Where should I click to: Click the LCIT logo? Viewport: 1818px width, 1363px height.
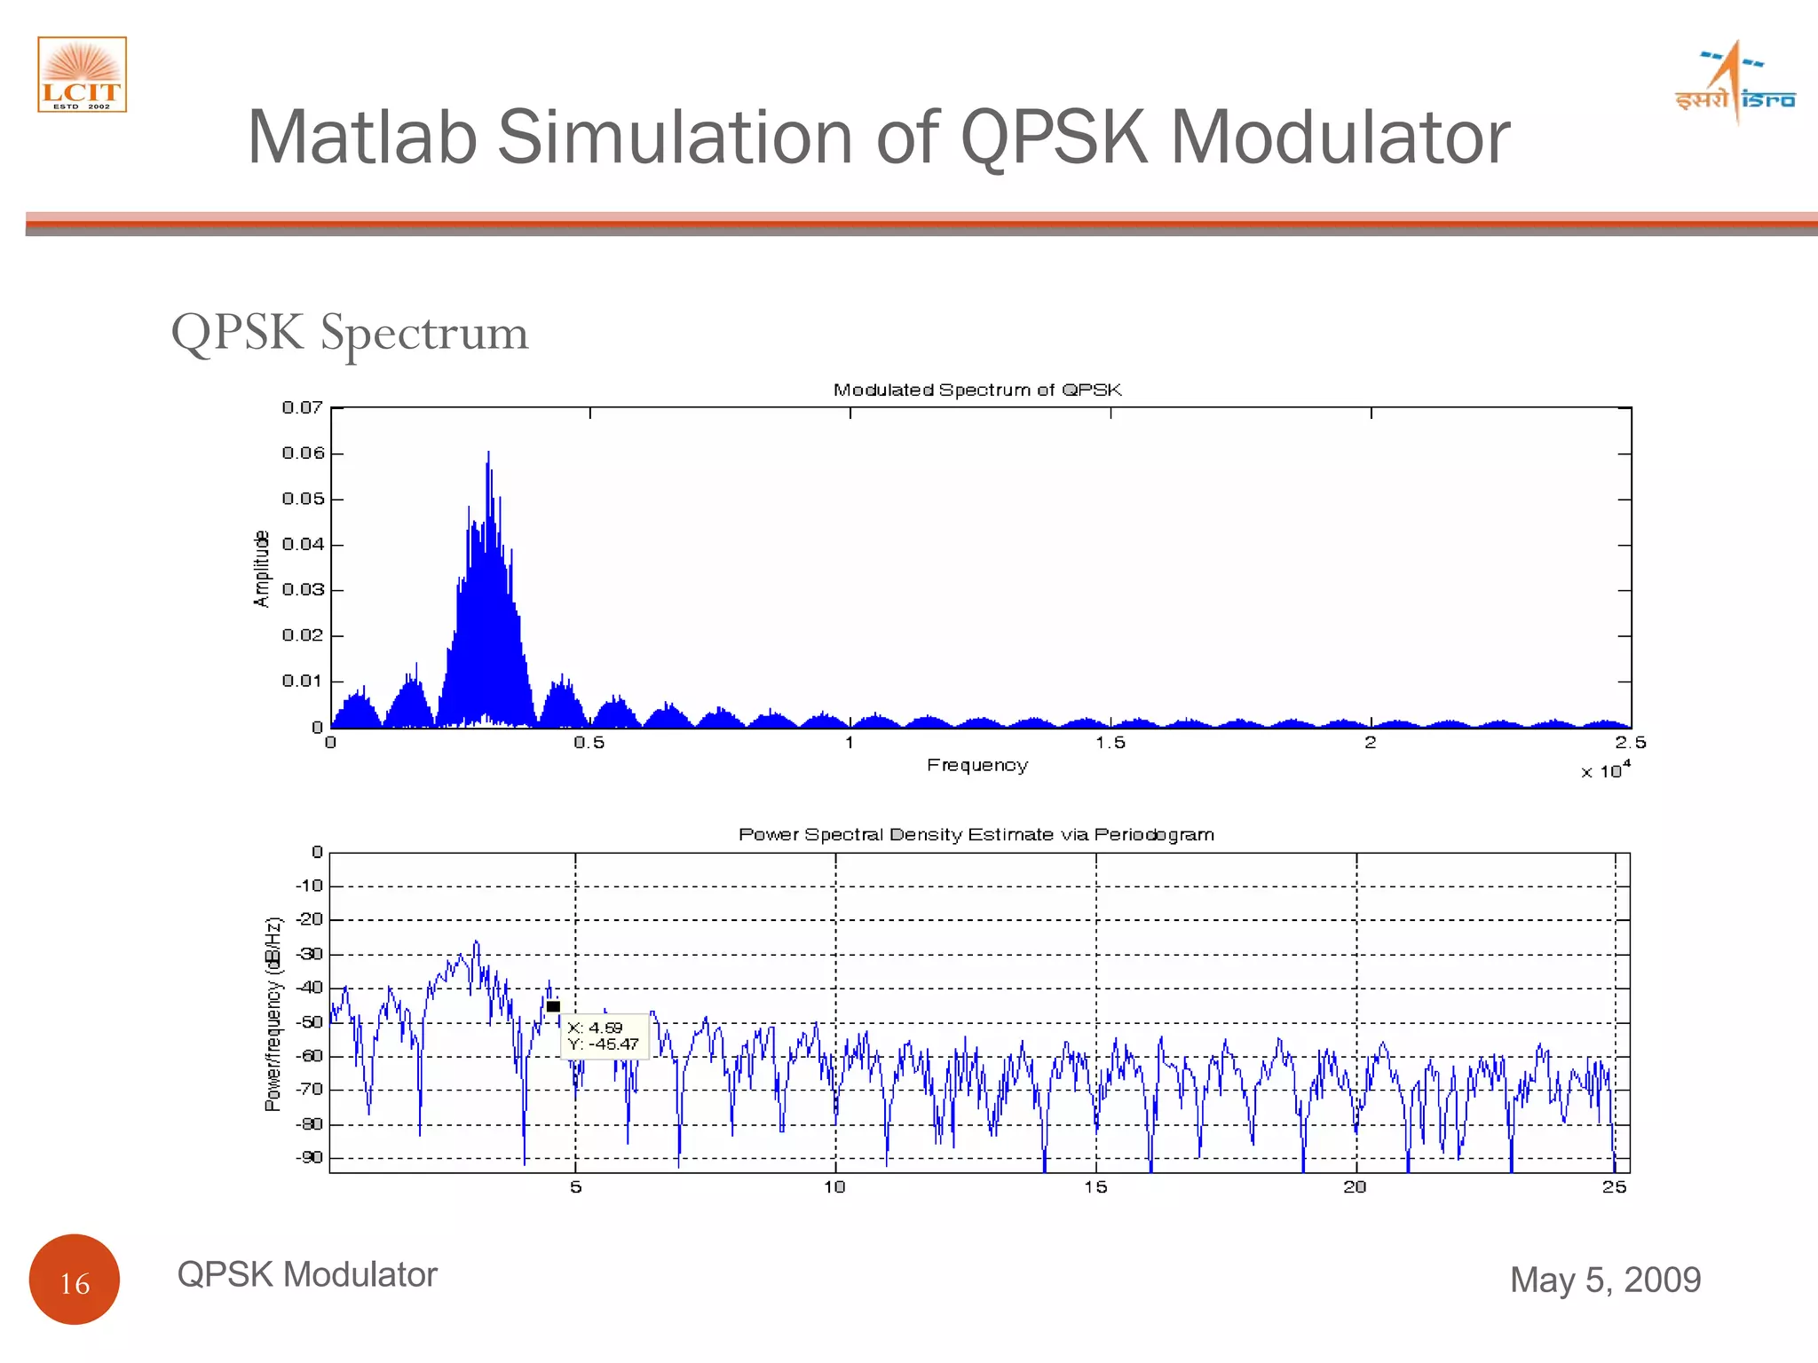click(x=82, y=75)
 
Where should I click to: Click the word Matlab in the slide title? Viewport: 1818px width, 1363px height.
click(x=362, y=138)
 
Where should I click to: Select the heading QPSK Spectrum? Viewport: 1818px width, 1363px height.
click(x=350, y=333)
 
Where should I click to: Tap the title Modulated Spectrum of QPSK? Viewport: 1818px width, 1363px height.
click(x=976, y=390)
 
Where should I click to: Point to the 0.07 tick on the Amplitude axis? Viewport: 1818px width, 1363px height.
click(x=302, y=407)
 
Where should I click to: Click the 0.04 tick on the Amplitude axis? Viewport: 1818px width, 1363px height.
click(x=302, y=544)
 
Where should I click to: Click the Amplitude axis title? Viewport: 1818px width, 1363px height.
click(x=261, y=569)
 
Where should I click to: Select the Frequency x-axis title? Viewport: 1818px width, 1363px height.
click(x=976, y=765)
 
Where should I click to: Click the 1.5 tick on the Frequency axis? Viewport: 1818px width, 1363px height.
click(x=1110, y=743)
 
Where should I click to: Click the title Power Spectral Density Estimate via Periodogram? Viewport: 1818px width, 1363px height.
click(x=976, y=834)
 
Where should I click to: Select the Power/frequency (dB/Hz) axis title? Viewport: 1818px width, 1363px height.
click(x=273, y=1013)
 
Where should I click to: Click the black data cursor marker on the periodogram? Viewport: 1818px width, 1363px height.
click(x=553, y=1006)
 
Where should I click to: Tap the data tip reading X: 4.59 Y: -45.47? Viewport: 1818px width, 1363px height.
click(x=604, y=1036)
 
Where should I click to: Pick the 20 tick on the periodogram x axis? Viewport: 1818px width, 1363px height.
click(x=1355, y=1187)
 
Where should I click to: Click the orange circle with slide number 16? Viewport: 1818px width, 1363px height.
click(x=75, y=1280)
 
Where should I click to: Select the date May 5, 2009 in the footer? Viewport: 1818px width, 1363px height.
click(x=1605, y=1280)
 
